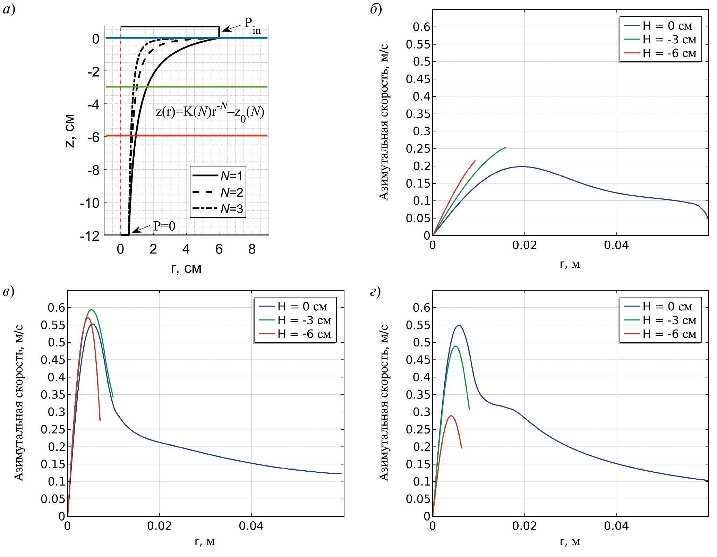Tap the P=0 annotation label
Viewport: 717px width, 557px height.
click(164, 226)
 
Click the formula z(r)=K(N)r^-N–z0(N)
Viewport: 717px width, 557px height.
click(210, 112)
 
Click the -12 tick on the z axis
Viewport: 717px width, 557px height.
click(90, 236)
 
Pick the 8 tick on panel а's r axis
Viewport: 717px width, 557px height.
click(252, 249)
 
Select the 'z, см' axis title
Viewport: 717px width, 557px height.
click(70, 131)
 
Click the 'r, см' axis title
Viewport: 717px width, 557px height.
click(186, 268)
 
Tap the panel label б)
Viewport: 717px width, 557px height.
click(376, 9)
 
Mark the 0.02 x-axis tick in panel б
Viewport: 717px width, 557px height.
click(524, 245)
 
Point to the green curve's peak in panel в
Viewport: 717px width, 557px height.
click(91, 310)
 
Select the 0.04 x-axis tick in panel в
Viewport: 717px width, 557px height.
click(251, 526)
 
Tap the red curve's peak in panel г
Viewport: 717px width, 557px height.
click(451, 415)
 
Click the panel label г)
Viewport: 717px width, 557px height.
click(375, 291)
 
